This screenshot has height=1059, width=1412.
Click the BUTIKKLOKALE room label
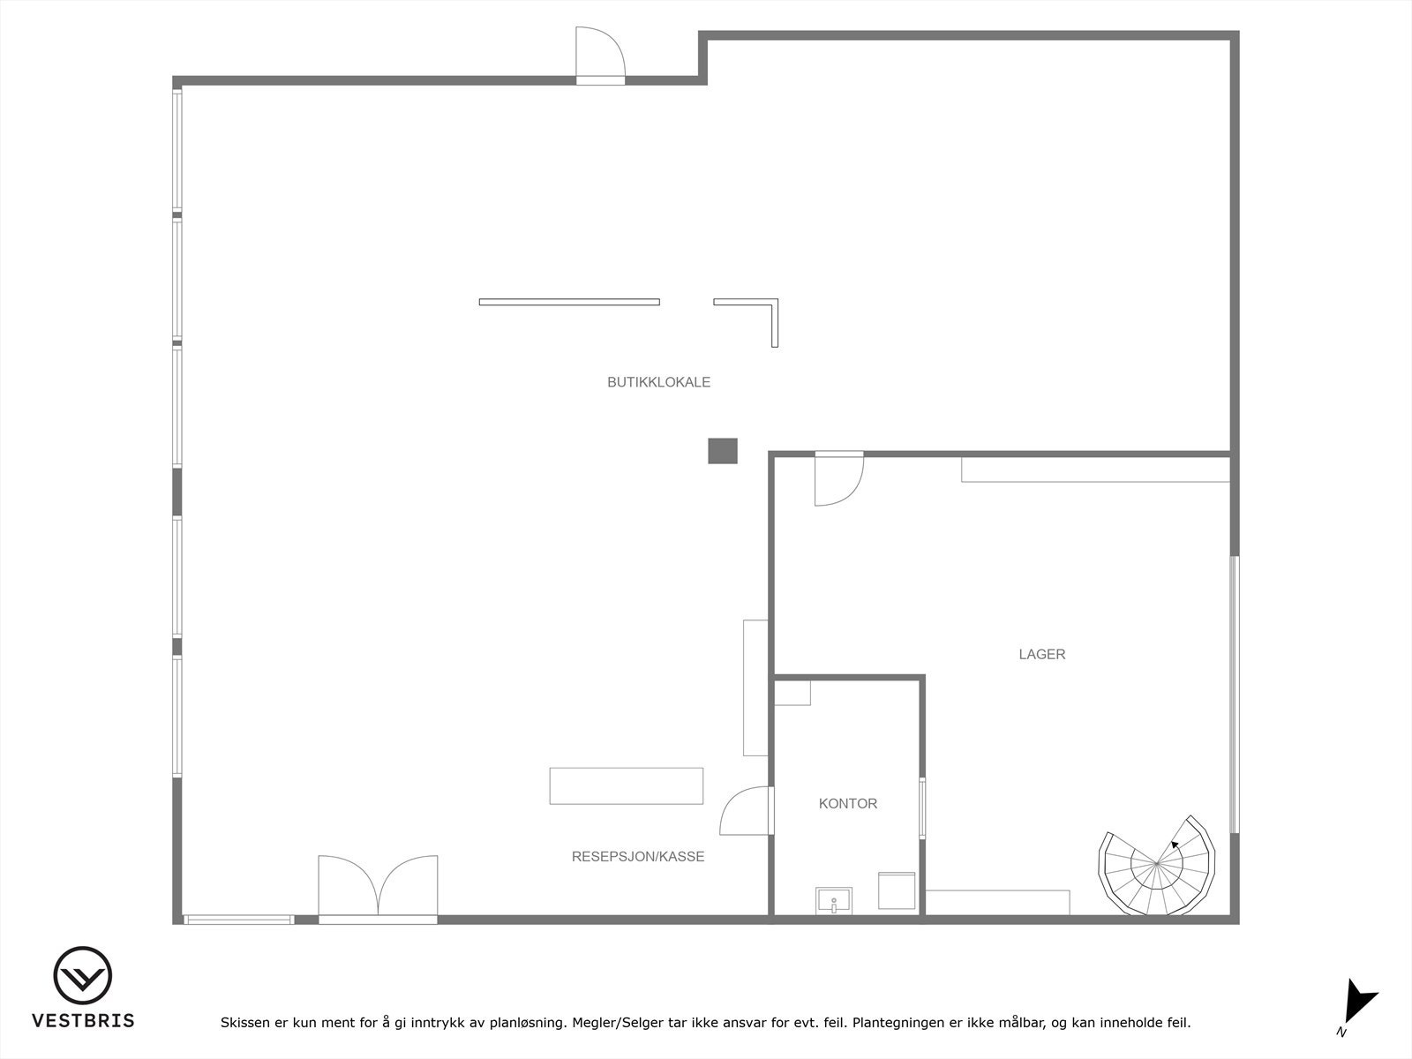[x=658, y=382]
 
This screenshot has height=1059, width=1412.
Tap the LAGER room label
[x=1041, y=654]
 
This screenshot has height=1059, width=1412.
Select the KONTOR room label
[x=847, y=803]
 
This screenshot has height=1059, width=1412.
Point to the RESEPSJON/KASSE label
[x=638, y=856]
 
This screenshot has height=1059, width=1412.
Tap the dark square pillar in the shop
[x=722, y=451]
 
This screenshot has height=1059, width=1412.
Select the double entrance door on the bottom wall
[x=378, y=887]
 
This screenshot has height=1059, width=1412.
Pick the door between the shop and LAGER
[x=837, y=477]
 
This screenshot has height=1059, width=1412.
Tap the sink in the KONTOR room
[x=833, y=901]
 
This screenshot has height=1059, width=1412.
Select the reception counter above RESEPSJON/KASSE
[x=626, y=785]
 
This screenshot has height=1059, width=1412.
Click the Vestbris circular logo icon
[x=83, y=976]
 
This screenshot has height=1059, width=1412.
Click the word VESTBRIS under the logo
[x=83, y=1020]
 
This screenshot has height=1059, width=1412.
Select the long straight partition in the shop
[x=569, y=302]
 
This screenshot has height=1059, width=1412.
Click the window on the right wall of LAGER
[x=1235, y=694]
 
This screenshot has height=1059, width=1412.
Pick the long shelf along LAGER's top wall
[x=1095, y=469]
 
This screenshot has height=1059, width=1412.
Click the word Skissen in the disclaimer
[x=244, y=1023]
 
